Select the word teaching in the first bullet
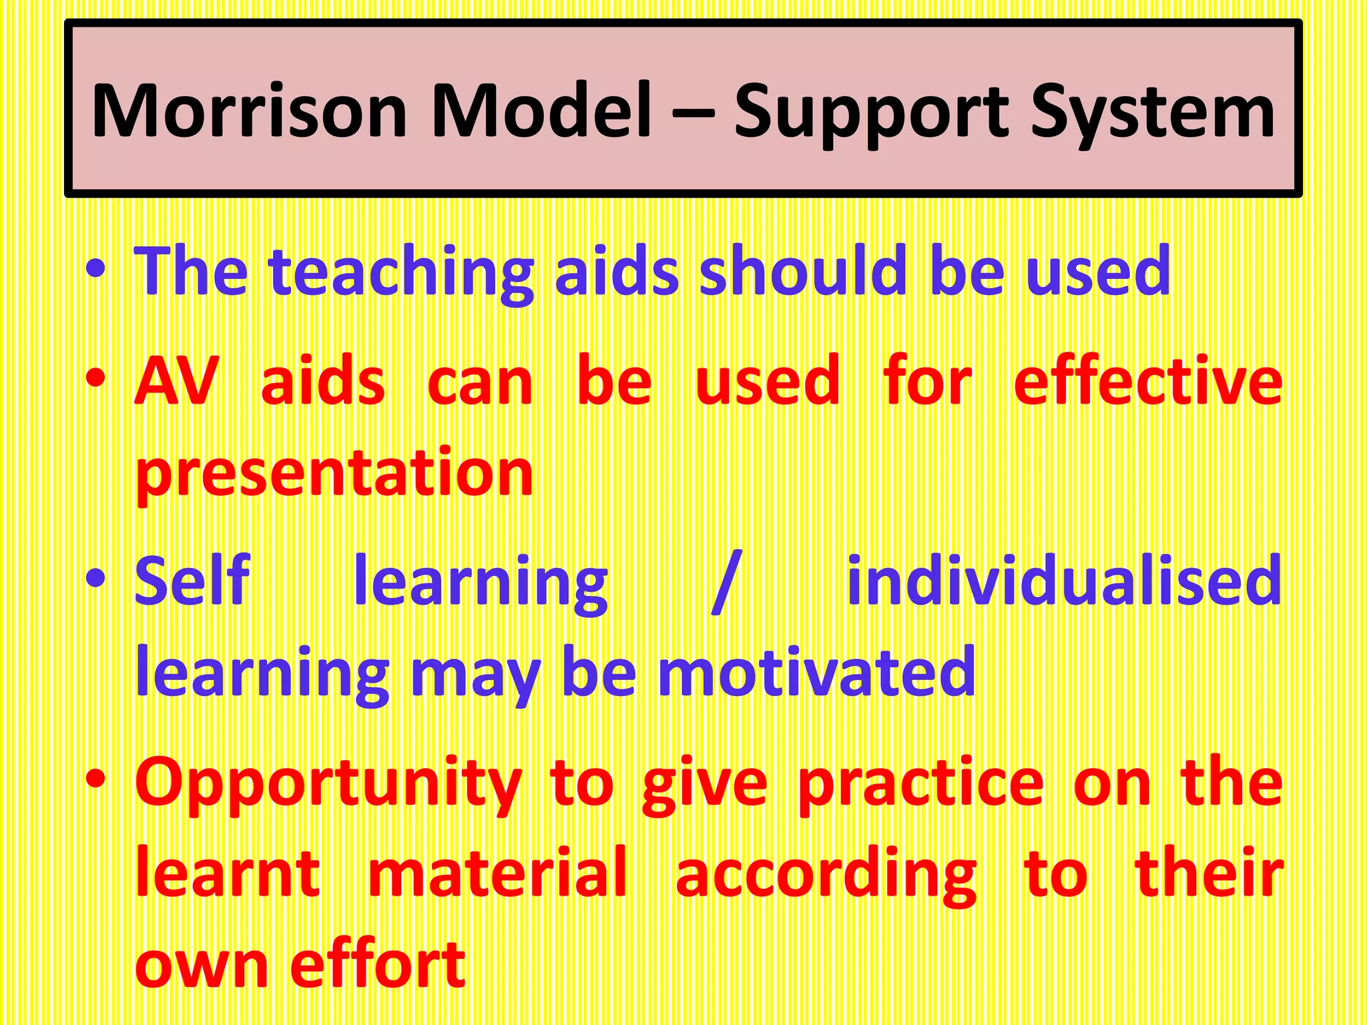400,272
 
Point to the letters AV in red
176,381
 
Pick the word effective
1147,381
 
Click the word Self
192,581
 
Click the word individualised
1064,581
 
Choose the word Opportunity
328,785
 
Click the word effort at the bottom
377,964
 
